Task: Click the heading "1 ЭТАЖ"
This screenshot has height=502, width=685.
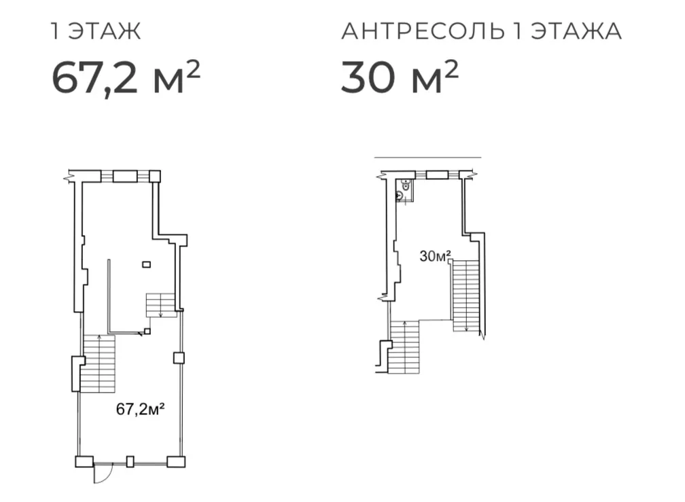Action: (96, 31)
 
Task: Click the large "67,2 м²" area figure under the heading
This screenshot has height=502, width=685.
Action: (126, 77)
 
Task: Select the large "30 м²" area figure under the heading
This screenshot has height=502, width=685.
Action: (400, 77)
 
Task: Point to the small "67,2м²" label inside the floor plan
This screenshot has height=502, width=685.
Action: (140, 409)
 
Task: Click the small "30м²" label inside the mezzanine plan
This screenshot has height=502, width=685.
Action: (435, 256)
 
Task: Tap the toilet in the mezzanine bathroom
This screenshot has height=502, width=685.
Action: (406, 185)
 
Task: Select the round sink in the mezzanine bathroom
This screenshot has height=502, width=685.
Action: (400, 196)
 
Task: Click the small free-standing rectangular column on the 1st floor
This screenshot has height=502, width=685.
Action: (147, 264)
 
